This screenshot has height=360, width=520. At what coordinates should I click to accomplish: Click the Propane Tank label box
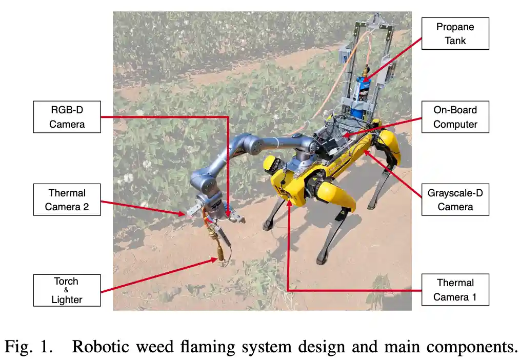(x=455, y=33)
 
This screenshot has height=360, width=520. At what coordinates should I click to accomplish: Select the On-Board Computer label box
(x=455, y=117)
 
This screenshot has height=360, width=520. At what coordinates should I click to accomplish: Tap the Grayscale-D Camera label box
(x=455, y=200)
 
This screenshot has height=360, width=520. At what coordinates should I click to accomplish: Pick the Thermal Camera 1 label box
(x=455, y=290)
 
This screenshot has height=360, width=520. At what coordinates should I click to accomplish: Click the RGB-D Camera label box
(x=67, y=117)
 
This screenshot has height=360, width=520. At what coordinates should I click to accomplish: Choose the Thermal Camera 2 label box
(x=67, y=200)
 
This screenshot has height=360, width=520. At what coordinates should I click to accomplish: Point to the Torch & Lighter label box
(x=67, y=290)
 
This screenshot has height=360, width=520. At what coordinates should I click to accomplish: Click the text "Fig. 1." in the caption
(x=28, y=347)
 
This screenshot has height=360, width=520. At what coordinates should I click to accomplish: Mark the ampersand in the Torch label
(x=67, y=290)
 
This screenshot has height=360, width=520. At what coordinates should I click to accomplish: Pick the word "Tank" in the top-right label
(x=455, y=41)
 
